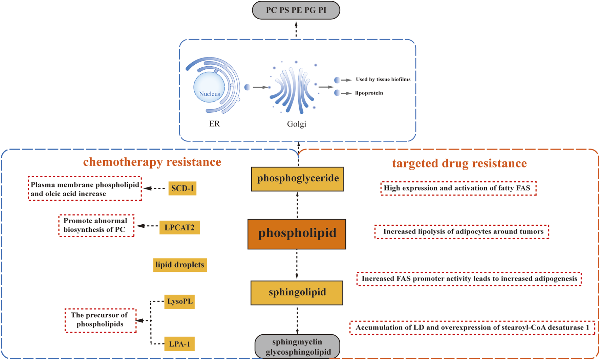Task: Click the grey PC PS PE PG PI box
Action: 296,10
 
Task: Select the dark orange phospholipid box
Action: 297,234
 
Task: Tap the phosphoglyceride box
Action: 297,179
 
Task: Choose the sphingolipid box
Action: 297,293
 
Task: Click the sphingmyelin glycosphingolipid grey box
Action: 297,347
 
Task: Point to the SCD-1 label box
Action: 182,188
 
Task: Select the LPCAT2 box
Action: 179,227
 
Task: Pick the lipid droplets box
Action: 180,265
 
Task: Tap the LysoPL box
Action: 179,301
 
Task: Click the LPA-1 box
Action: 179,344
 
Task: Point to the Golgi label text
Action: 296,124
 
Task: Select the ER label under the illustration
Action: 214,124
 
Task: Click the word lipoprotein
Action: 369,93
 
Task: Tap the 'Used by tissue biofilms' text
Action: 383,80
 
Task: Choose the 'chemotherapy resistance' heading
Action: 152,162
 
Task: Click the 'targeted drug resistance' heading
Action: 459,163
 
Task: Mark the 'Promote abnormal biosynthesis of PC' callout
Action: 96,225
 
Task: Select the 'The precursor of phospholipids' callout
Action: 100,320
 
